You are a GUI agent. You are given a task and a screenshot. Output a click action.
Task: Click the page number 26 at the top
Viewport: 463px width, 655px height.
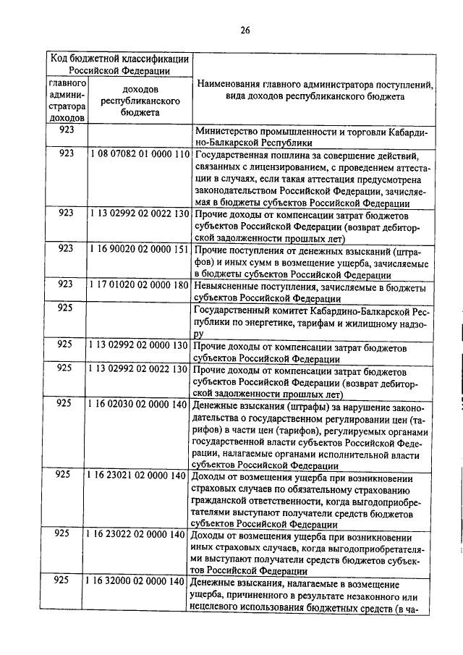(245, 30)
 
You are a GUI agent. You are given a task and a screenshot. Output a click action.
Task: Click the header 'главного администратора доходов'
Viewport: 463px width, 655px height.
(67, 101)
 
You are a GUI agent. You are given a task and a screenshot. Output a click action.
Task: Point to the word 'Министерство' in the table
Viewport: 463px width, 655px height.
(227, 132)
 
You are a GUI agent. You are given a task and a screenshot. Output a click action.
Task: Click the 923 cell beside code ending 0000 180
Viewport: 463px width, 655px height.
(67, 287)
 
